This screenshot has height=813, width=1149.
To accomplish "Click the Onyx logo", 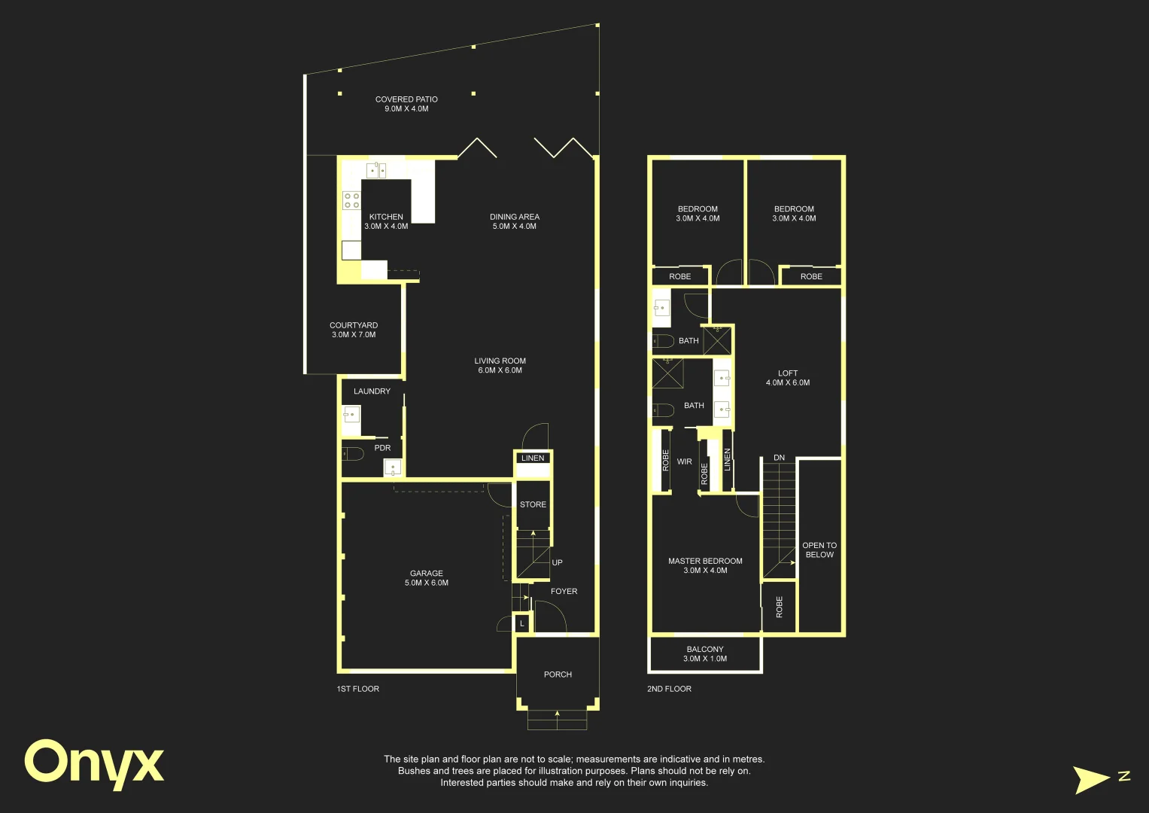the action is click(x=94, y=764).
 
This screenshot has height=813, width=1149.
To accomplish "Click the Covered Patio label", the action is click(x=406, y=104).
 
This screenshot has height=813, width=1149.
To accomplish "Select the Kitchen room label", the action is click(x=386, y=221).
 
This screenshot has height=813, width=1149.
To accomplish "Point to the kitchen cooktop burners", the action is click(x=352, y=201).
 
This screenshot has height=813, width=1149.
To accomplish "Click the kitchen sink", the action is click(x=376, y=170).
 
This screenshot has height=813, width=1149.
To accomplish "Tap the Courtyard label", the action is click(x=354, y=330).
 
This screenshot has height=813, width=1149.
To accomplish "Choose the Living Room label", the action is click(x=500, y=365).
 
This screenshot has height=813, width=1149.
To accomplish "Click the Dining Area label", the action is click(x=515, y=221).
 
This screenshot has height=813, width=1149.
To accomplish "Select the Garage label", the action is click(x=426, y=578).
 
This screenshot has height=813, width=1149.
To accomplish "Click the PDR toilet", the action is click(x=352, y=454).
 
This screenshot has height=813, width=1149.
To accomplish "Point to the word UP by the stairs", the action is click(x=557, y=562).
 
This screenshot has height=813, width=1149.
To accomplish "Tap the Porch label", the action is click(x=558, y=674).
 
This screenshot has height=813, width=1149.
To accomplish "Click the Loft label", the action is click(x=788, y=378).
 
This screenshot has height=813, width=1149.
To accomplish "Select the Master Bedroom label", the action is click(x=705, y=565).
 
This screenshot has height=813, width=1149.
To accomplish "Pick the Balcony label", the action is click(x=705, y=654).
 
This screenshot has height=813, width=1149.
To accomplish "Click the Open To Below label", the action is click(x=819, y=550).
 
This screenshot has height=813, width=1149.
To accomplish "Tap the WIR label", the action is click(x=684, y=461).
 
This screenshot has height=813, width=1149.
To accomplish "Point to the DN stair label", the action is click(x=779, y=458).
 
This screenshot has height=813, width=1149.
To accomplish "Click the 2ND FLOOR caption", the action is click(x=670, y=689).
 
